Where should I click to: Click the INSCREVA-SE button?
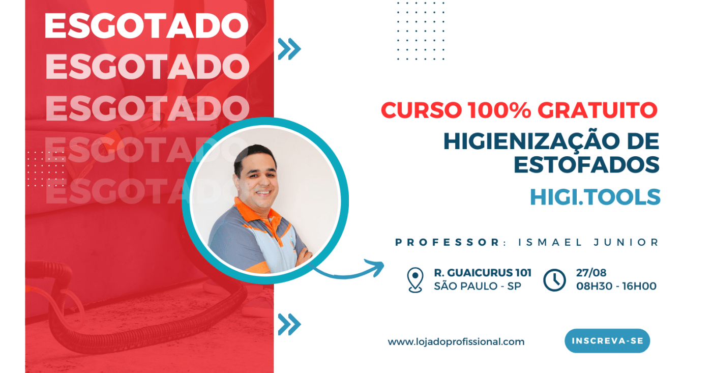(x=607, y=341)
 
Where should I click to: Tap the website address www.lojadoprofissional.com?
(x=456, y=342)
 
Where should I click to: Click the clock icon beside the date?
(x=554, y=280)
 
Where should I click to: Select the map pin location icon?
(x=415, y=280)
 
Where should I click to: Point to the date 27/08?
(x=591, y=273)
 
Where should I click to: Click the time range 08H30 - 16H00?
(x=616, y=286)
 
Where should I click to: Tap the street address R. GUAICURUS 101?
(x=483, y=273)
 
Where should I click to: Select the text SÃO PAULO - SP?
(x=478, y=286)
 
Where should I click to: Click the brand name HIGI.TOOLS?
(x=595, y=197)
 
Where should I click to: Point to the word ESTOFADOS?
(x=587, y=164)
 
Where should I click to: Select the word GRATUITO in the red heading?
(x=597, y=110)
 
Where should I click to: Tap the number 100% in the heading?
(x=499, y=110)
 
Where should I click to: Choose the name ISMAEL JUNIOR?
(x=588, y=242)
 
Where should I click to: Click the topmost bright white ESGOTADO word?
(x=146, y=26)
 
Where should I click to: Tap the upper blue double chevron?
(x=289, y=49)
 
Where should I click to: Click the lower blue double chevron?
(x=289, y=324)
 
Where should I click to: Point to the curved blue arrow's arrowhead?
(x=377, y=267)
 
